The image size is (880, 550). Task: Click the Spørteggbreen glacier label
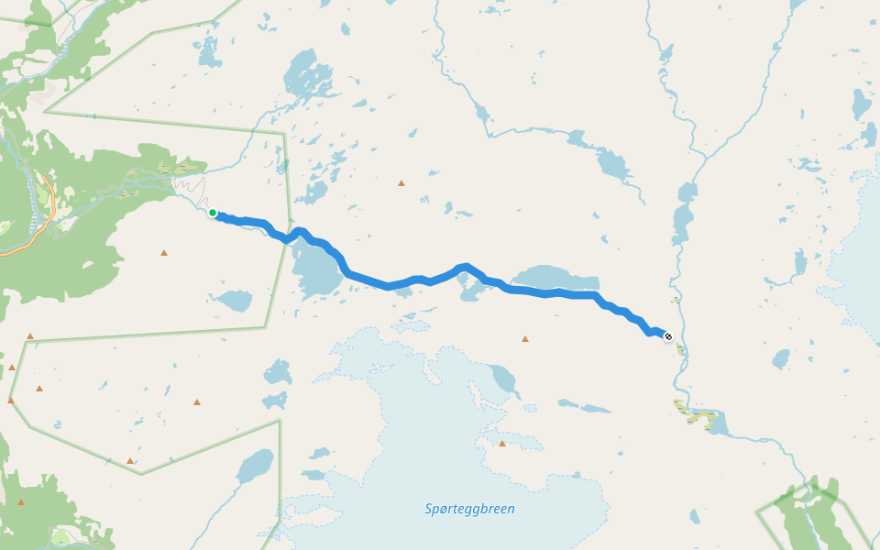tap(470, 509)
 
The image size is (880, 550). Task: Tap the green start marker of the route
tap(213, 213)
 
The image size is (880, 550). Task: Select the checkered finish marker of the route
tap(668, 337)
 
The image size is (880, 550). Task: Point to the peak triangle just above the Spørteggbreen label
tap(502, 444)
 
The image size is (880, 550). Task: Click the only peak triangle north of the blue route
tap(401, 183)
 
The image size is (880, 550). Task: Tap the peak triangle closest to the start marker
tap(164, 252)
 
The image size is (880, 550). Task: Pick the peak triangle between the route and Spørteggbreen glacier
tap(525, 339)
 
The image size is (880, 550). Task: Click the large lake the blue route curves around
tap(316, 270)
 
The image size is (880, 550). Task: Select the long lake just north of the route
tap(555, 278)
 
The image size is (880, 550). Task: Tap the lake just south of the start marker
tap(235, 300)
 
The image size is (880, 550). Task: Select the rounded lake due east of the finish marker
tap(781, 358)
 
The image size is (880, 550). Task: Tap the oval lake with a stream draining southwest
tap(255, 467)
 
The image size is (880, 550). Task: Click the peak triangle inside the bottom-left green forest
tap(21, 502)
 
